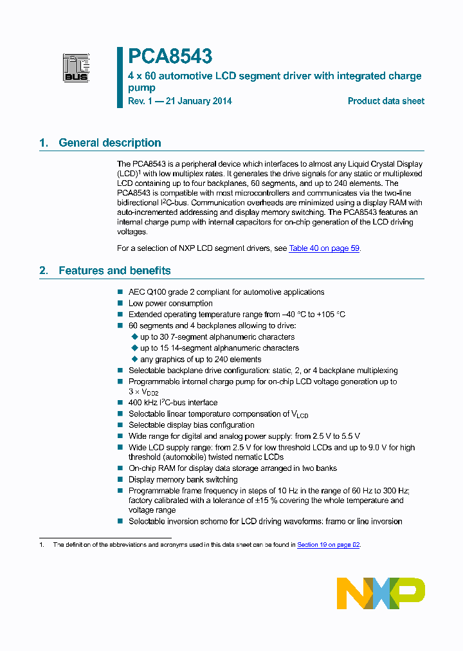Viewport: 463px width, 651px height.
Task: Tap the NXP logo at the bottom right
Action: pos(381,592)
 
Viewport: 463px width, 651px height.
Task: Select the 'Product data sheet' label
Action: pos(386,101)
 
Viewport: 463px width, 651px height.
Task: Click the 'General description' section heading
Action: pos(109,143)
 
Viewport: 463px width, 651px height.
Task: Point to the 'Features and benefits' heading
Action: pos(114,270)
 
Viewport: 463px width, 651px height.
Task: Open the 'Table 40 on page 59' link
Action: pos(324,248)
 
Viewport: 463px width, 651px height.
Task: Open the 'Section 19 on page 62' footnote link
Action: pos(328,545)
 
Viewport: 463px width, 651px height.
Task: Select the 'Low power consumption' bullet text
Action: pos(170,303)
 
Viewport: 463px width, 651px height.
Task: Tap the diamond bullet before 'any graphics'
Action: pos(134,359)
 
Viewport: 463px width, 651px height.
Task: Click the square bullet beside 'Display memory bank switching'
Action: pos(120,480)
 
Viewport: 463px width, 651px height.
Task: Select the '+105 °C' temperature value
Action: pos(331,315)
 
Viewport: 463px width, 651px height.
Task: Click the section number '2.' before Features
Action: pos(44,270)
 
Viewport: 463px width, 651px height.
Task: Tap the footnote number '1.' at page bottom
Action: pos(42,545)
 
